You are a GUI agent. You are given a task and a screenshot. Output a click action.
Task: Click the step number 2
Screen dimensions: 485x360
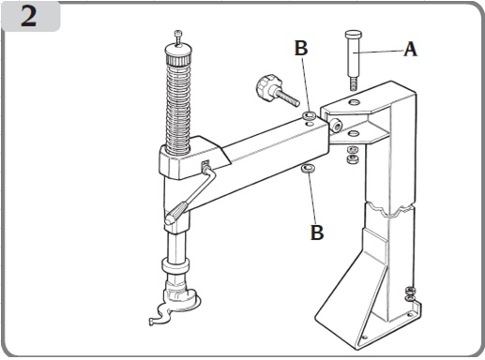click(x=29, y=16)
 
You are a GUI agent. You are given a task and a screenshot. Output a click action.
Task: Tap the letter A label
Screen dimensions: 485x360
click(x=410, y=49)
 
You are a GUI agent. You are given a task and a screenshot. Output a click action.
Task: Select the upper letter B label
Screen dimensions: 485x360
click(x=301, y=48)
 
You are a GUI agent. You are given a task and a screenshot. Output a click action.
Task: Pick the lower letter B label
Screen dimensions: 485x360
click(x=317, y=232)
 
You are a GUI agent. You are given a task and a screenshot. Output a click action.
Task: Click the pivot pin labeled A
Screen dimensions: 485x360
click(x=353, y=60)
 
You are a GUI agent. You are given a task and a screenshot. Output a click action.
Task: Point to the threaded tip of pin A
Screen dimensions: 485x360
click(x=353, y=84)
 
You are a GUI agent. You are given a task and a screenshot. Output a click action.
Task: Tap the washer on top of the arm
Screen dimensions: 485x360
click(x=309, y=115)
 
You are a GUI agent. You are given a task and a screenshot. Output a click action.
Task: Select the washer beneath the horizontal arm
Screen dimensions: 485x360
click(x=308, y=169)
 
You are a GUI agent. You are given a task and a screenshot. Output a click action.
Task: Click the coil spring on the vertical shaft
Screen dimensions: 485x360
click(x=178, y=106)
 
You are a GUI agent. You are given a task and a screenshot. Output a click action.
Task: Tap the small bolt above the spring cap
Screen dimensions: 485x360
click(x=177, y=37)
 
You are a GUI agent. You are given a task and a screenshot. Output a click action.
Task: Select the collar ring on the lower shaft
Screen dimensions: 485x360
click(x=175, y=265)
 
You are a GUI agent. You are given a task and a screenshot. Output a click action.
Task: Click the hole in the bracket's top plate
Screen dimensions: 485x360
click(x=355, y=101)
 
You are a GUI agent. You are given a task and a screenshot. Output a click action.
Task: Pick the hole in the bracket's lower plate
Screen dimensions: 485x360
click(x=354, y=133)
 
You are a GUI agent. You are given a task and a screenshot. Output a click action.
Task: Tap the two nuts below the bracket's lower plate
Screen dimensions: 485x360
click(x=353, y=155)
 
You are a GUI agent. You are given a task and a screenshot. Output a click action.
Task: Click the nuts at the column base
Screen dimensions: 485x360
click(x=410, y=293)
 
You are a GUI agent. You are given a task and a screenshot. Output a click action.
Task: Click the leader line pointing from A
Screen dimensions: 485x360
click(x=378, y=52)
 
